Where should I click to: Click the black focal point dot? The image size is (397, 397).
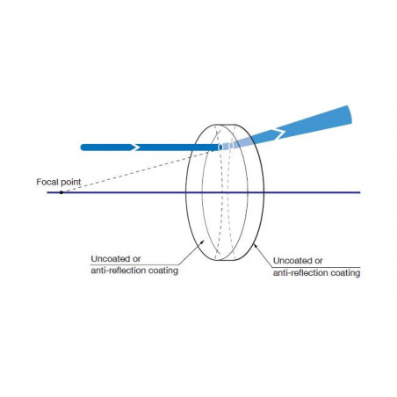tap(61, 192)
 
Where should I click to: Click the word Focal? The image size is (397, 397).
tap(46, 182)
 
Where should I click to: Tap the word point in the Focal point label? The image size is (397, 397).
tap(69, 183)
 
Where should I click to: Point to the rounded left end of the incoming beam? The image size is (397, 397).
tap(83, 148)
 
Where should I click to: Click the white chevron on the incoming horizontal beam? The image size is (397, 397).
tap(135, 148)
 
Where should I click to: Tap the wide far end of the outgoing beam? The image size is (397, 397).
tap(348, 115)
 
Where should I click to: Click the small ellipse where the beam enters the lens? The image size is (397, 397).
tap(220, 148)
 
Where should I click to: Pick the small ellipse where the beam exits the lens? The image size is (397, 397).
tap(231, 145)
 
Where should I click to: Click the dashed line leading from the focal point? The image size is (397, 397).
tap(136, 171)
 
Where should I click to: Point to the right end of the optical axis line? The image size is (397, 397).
tap(360, 192)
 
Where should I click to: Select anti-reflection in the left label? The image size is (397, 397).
tap(119, 271)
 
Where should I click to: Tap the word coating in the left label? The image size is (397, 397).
tap(163, 271)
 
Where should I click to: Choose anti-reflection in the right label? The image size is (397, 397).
tap(300, 273)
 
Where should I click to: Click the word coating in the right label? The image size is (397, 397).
tap(345, 273)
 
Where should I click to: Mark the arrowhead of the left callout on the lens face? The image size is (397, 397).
tap(203, 241)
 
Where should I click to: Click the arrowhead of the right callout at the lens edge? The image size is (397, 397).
tap(255, 246)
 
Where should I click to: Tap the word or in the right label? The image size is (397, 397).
tap(318, 261)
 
